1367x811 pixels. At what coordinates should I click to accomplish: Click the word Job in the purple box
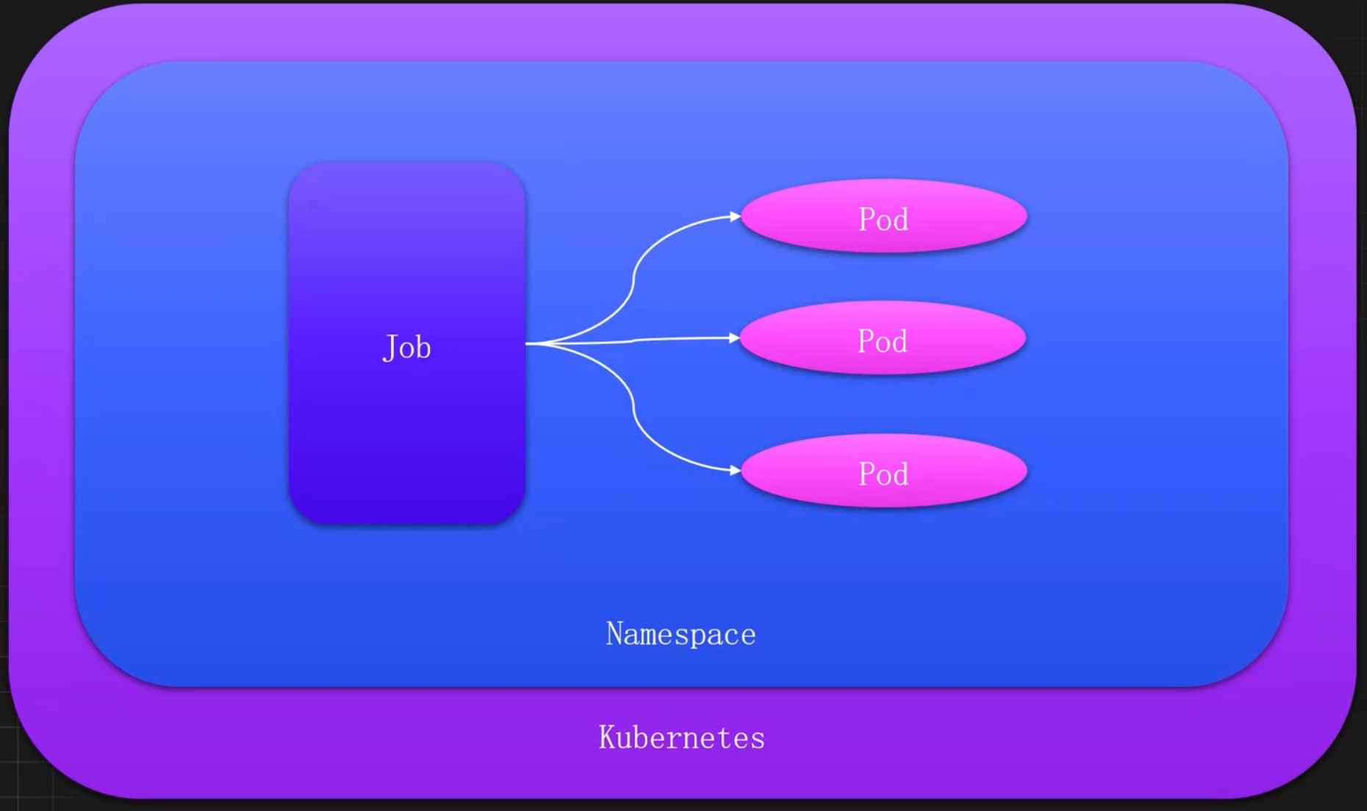(406, 347)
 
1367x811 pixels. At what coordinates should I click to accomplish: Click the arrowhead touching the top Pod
(734, 216)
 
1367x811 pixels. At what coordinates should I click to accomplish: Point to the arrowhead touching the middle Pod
(733, 338)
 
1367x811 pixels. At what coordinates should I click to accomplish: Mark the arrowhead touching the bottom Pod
(734, 470)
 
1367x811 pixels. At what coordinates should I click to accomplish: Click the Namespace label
(681, 634)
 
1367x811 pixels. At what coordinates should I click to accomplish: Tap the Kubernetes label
(681, 738)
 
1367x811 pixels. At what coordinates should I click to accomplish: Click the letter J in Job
(390, 347)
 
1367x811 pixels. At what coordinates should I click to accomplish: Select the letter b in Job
(423, 347)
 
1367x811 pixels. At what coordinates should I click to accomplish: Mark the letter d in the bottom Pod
(901, 474)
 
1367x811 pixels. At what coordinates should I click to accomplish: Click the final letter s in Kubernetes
(758, 739)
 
